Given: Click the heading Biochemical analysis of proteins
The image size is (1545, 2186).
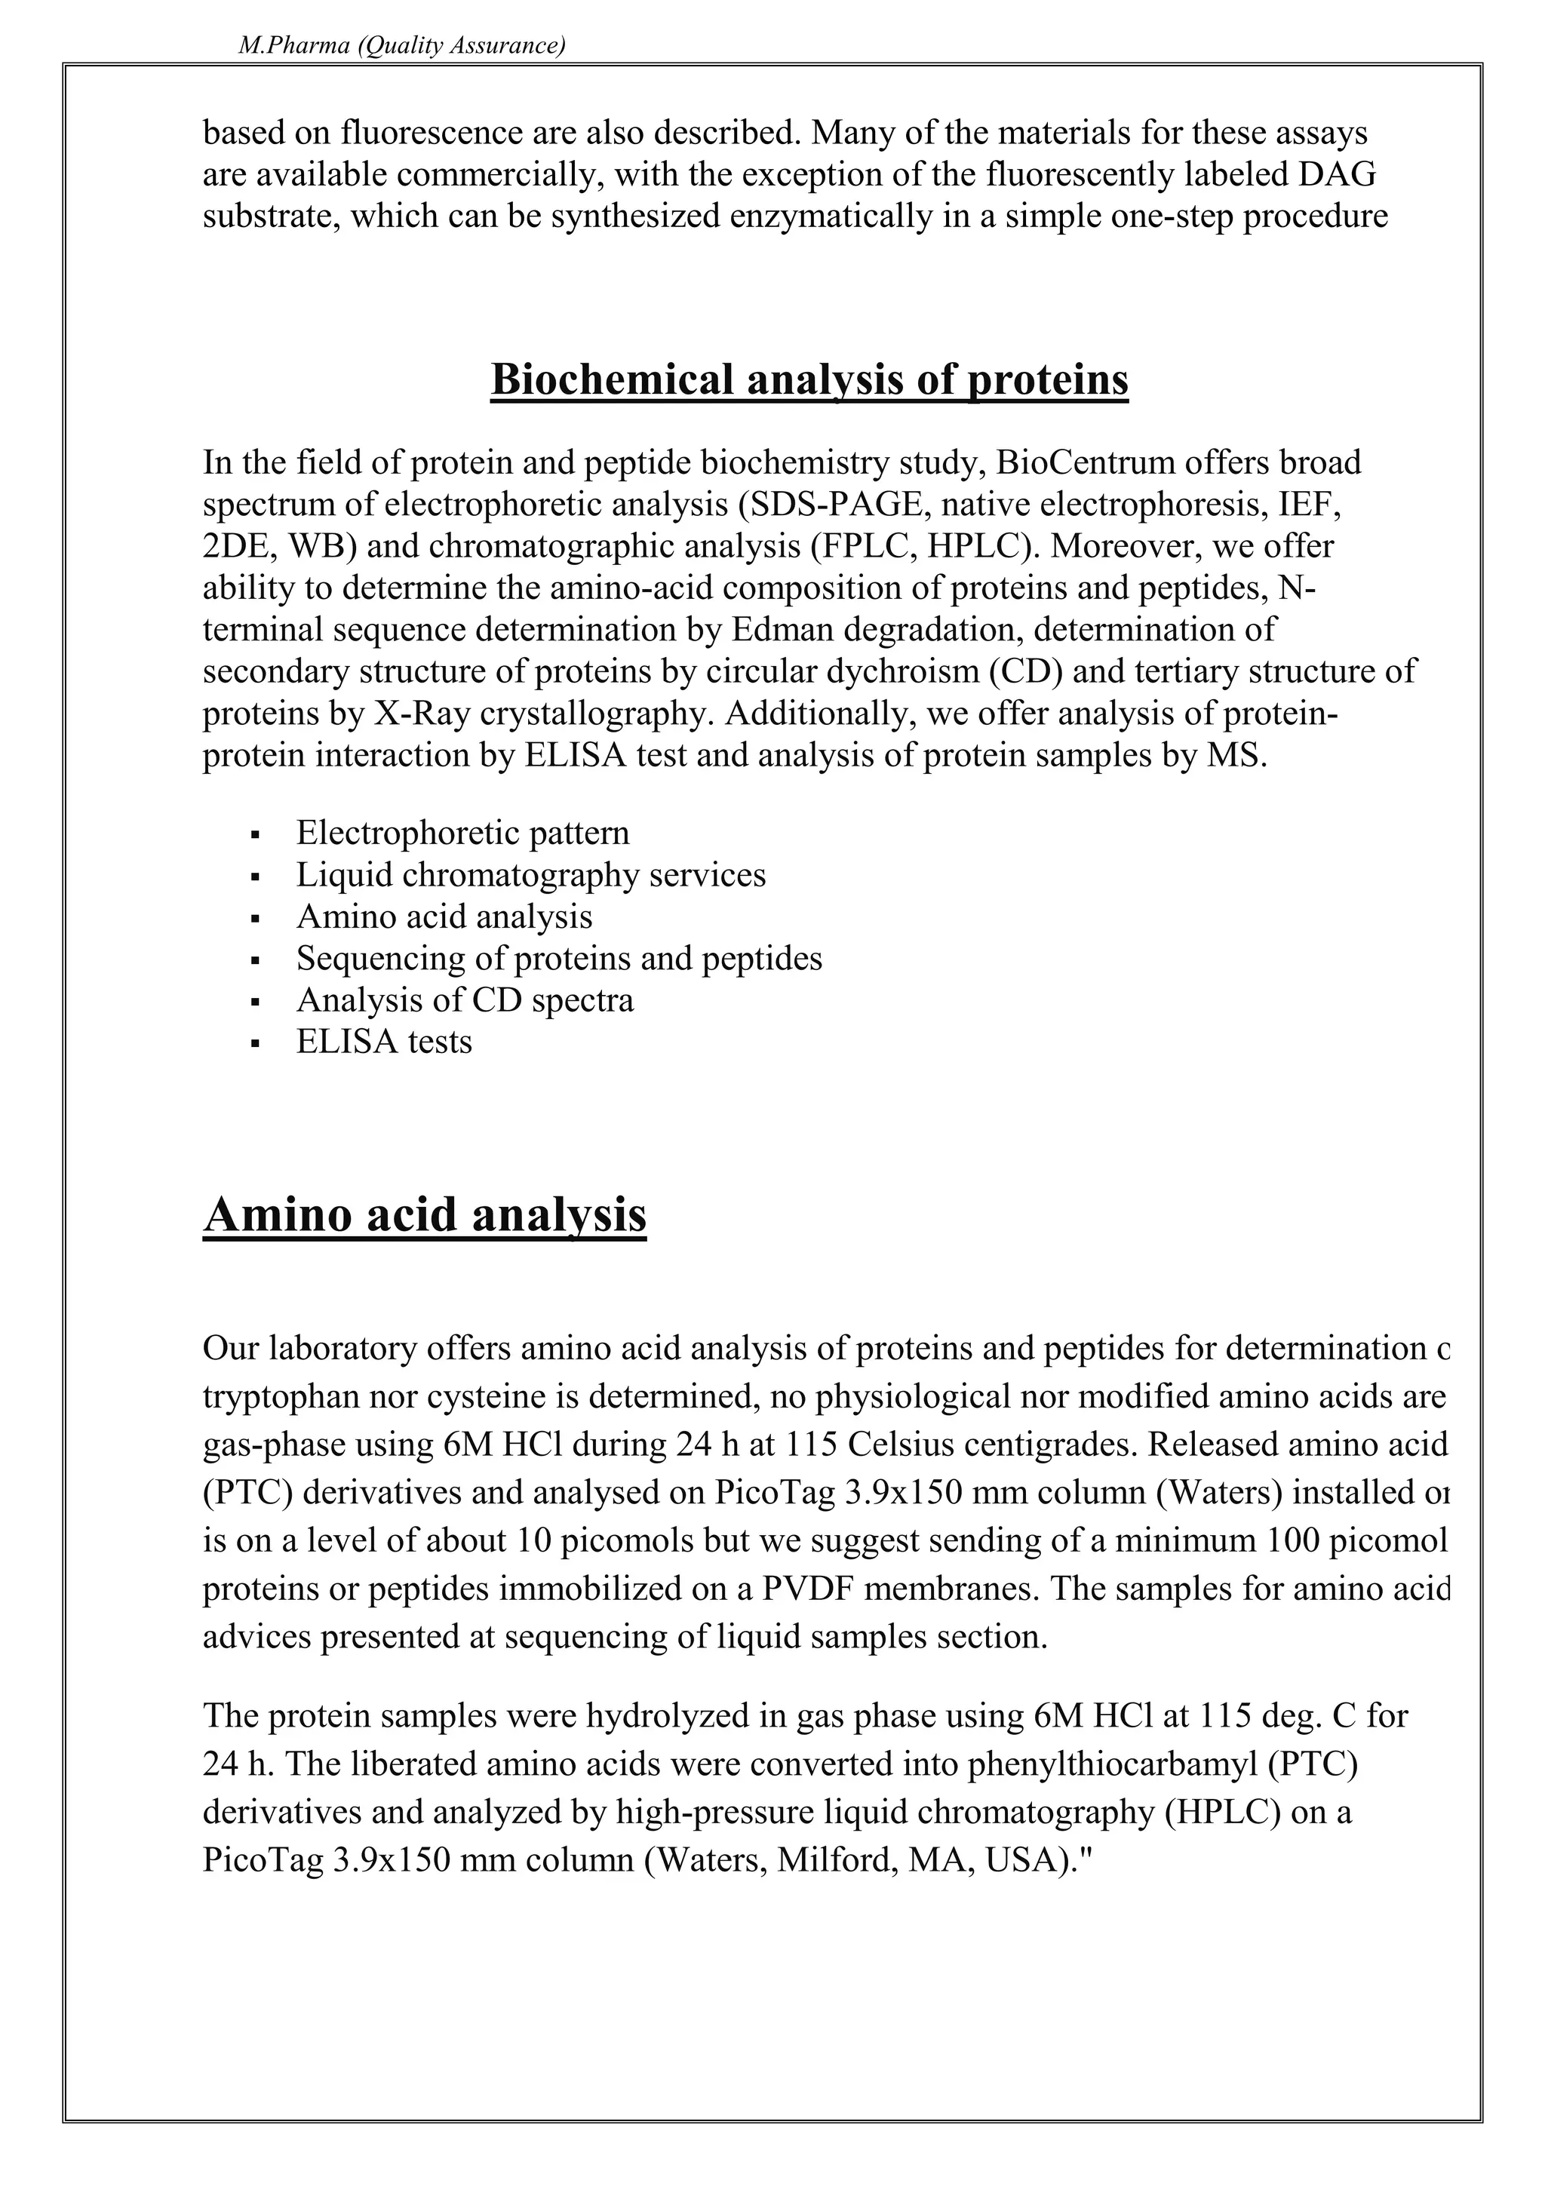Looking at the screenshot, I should (x=809, y=380).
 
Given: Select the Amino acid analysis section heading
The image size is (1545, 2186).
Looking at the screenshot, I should (x=425, y=1216).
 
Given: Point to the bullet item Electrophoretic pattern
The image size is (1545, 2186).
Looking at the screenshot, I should (x=462, y=833).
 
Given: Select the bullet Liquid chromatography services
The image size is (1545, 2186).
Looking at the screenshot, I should (x=530, y=875).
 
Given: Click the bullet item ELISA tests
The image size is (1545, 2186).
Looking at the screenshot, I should (x=384, y=1042).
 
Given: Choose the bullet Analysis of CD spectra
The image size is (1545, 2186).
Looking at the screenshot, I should (x=465, y=999).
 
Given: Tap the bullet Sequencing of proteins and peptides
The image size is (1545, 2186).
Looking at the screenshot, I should (x=559, y=958).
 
